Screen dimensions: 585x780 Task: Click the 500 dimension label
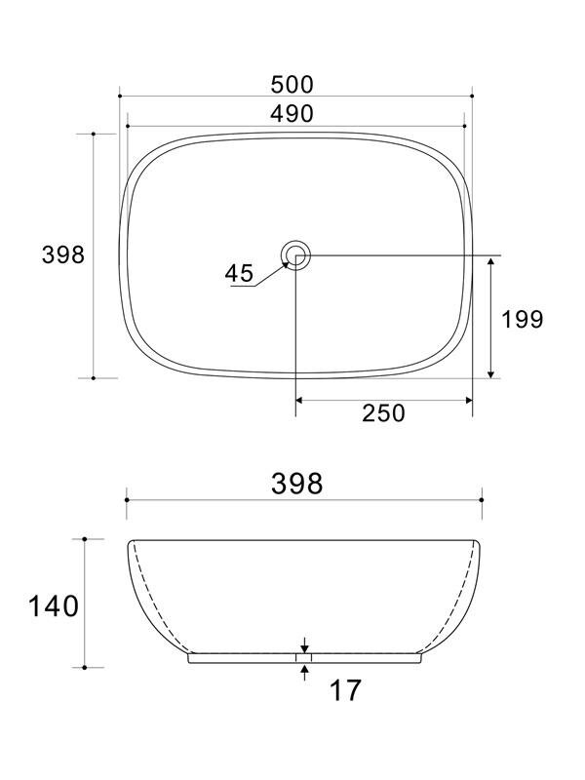click(292, 85)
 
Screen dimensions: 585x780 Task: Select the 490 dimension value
click(292, 114)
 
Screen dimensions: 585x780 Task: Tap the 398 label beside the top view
click(63, 255)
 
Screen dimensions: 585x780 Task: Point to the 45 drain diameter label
click(239, 273)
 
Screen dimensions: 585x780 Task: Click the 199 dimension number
click(522, 320)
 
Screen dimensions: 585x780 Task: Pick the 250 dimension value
click(383, 413)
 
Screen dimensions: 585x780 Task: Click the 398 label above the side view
click(297, 483)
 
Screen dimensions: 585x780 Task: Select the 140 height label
click(54, 606)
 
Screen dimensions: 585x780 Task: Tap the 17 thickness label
click(345, 690)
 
